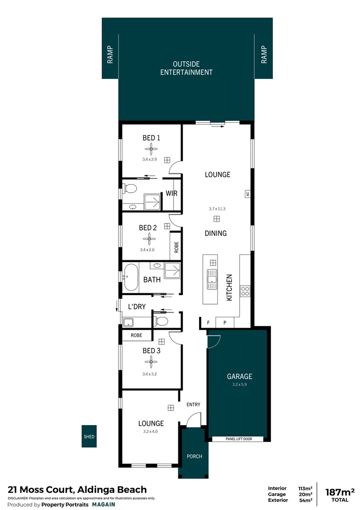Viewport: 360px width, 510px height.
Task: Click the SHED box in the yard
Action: (89, 437)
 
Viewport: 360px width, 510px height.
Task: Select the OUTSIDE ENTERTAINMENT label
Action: (186, 68)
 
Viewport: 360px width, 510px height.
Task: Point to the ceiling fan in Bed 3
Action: (151, 362)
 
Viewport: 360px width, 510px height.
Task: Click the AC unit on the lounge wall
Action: (247, 194)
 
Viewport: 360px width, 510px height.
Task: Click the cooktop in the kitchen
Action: (245, 291)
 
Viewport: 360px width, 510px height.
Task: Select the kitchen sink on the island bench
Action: (211, 279)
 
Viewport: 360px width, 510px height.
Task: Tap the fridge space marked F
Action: (208, 323)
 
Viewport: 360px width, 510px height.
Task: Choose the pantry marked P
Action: (225, 323)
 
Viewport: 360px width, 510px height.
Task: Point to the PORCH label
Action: (194, 456)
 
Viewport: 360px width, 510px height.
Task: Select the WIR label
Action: (171, 194)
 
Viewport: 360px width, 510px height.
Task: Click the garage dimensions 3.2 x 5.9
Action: (239, 384)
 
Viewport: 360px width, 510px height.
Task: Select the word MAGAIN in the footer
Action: (103, 504)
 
